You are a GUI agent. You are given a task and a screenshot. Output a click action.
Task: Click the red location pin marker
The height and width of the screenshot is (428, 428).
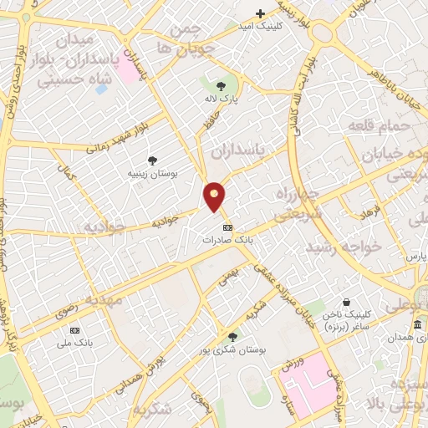tap(215, 197)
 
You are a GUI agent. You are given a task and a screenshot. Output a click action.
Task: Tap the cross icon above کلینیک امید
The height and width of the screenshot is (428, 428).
tap(260, 13)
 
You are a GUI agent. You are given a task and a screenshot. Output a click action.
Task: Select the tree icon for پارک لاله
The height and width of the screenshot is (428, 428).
tap(221, 85)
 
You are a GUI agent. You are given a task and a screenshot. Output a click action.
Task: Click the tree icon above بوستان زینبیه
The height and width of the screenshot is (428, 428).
tap(151, 160)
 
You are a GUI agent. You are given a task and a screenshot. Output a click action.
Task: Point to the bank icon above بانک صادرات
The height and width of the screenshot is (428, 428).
tap(226, 227)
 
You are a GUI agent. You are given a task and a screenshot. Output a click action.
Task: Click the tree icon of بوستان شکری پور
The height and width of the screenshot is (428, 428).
tap(232, 337)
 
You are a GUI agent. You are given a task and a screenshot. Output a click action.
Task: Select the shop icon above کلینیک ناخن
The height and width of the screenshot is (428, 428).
tap(346, 302)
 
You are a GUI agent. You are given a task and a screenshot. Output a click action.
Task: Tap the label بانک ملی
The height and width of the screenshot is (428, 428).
tap(74, 343)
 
